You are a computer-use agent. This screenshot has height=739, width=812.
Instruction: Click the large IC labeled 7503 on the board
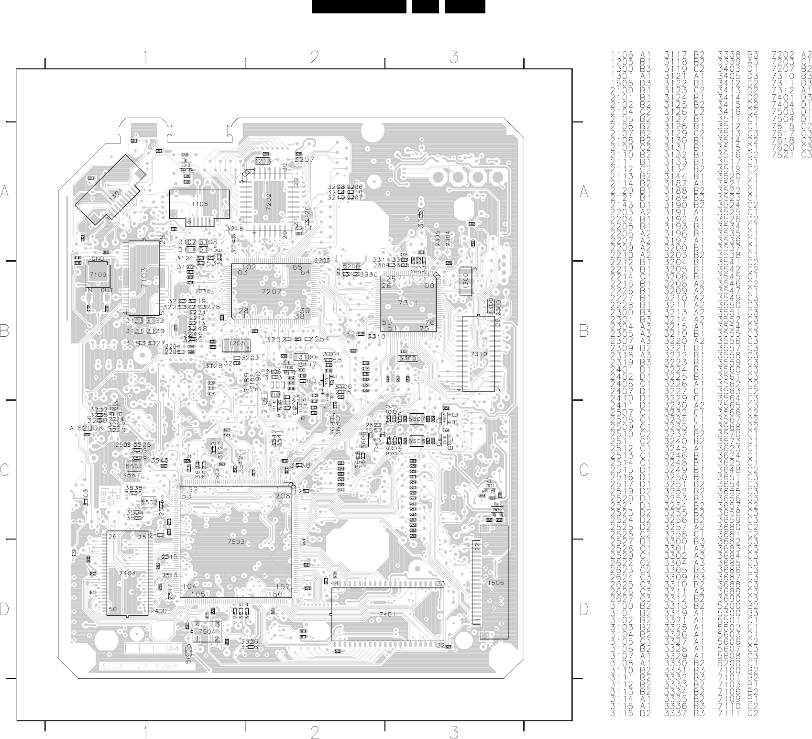click(236, 542)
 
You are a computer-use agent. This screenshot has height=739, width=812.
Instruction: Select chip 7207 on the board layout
click(271, 291)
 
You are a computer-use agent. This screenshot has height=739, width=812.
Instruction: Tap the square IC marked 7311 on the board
click(408, 303)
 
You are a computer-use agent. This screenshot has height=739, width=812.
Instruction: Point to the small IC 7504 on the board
click(207, 631)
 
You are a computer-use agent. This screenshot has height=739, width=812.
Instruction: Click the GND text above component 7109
click(97, 259)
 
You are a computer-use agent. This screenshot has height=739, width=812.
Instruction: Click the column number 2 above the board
click(315, 58)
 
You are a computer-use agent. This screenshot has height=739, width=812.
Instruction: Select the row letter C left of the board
click(5, 471)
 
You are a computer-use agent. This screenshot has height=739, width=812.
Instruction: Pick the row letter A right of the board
click(583, 192)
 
